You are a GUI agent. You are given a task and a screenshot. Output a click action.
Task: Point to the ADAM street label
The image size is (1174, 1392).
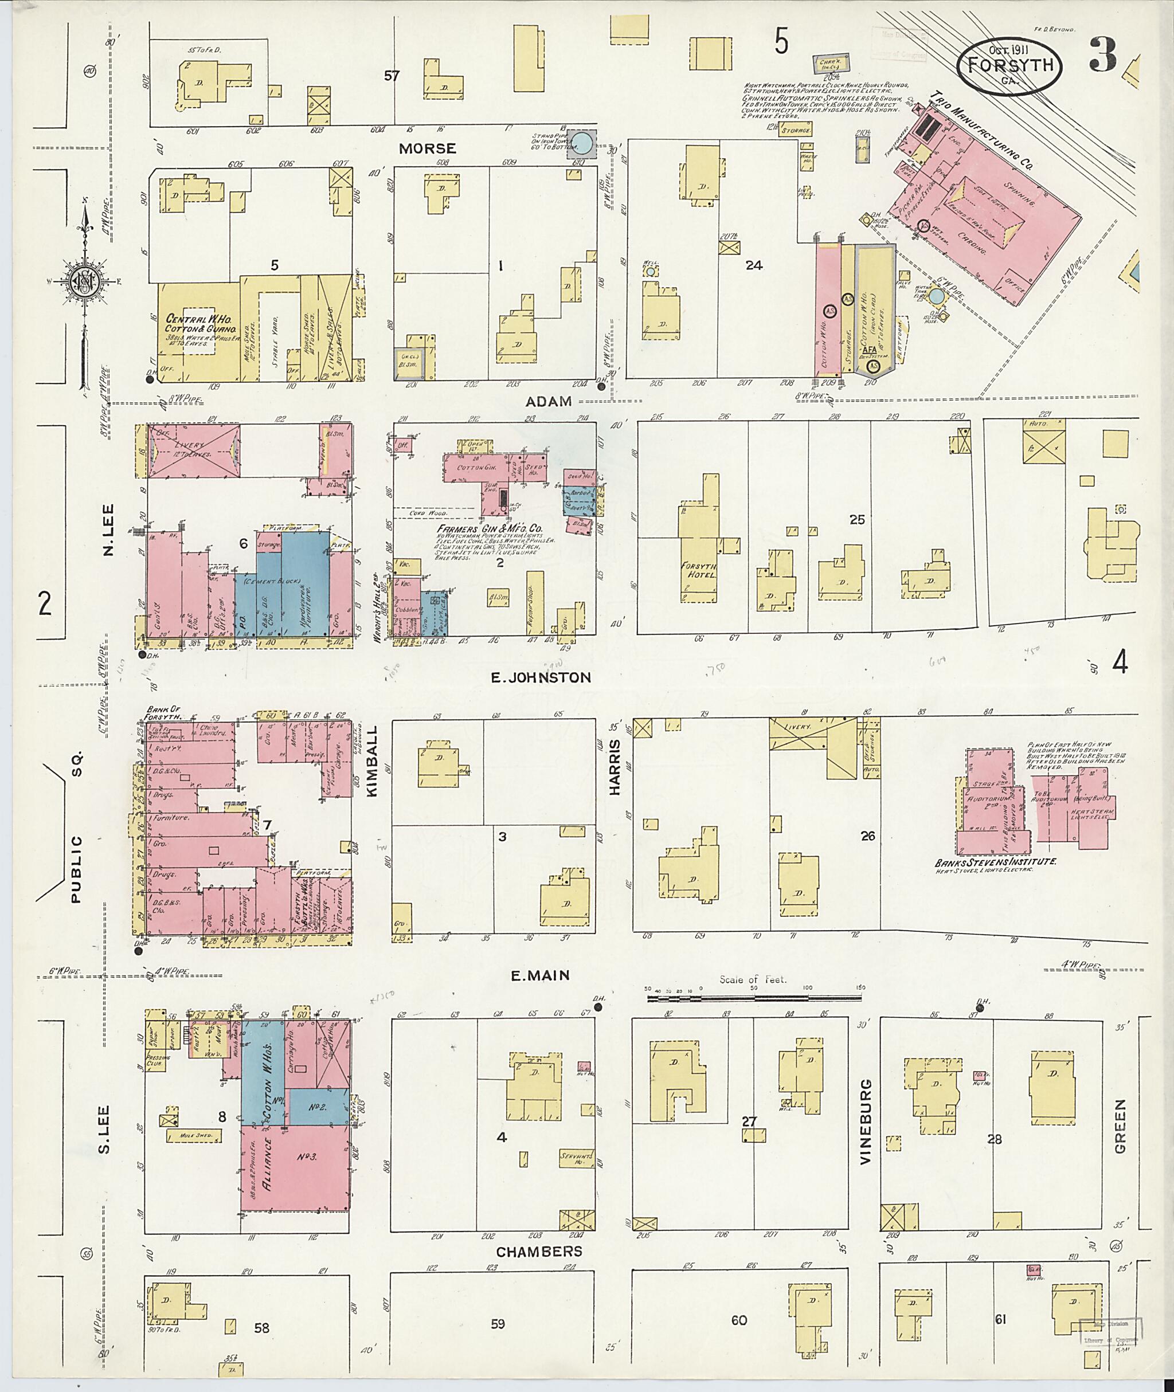tap(549, 401)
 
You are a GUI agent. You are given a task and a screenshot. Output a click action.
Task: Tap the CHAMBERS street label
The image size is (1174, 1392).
tap(538, 1251)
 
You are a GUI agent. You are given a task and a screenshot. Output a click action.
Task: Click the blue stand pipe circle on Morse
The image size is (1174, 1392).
tap(582, 142)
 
